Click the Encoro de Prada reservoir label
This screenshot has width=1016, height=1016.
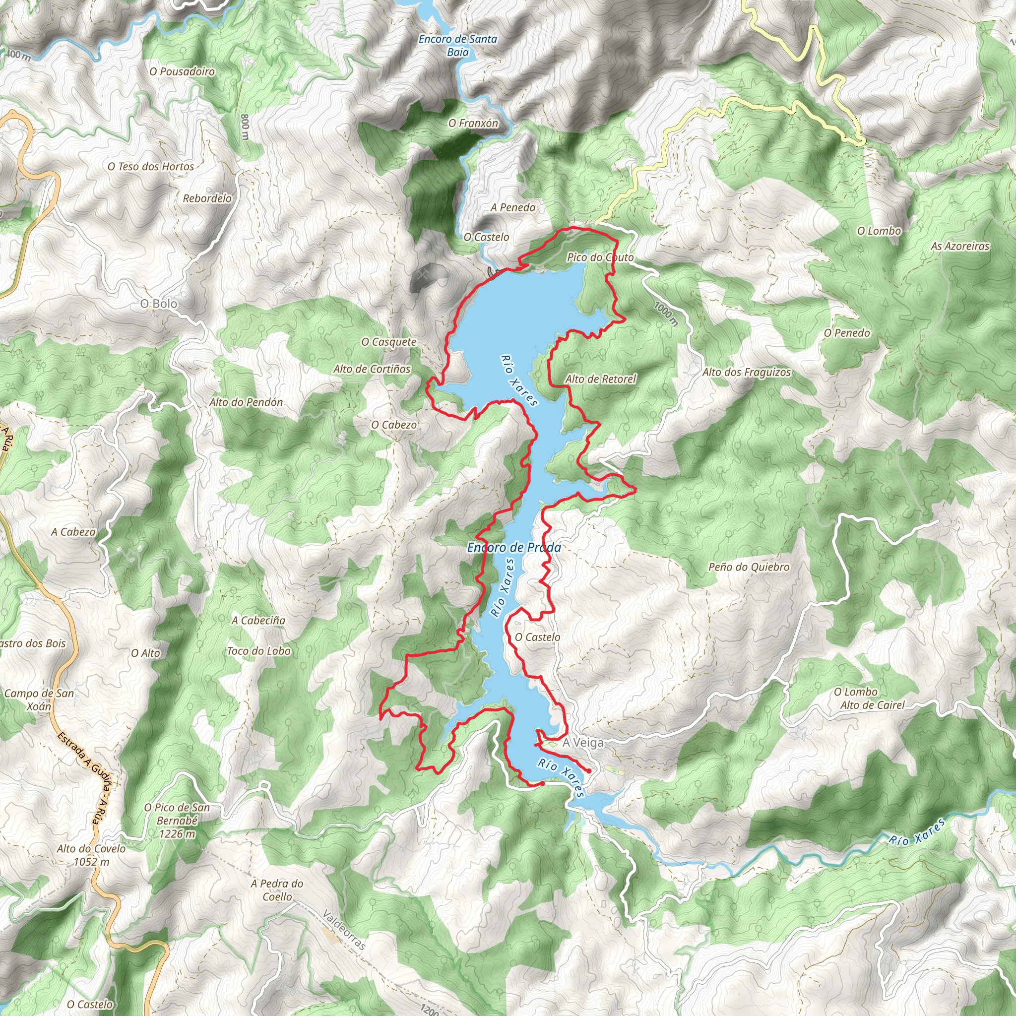[514, 548]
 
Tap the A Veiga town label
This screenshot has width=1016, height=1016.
[583, 743]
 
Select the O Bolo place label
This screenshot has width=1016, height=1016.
[158, 304]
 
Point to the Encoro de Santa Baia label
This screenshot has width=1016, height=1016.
[457, 45]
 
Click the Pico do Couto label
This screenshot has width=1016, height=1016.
[600, 257]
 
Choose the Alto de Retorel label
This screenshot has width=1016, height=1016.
[601, 379]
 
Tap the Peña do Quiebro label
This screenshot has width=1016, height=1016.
[749, 567]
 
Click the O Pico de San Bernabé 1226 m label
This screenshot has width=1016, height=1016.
[177, 821]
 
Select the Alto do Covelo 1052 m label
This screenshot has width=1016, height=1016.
[91, 855]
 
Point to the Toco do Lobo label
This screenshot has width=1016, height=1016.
[259, 651]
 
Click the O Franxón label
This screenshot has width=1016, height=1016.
[473, 123]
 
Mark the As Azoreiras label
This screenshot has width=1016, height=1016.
[960, 246]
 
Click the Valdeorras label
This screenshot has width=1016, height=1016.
[344, 930]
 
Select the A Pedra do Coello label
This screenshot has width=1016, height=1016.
[277, 890]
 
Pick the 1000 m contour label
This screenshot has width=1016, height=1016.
[666, 314]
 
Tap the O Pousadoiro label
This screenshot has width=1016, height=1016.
[182, 71]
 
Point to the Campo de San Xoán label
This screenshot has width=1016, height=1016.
[39, 699]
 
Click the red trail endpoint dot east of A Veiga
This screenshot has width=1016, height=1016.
[589, 771]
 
